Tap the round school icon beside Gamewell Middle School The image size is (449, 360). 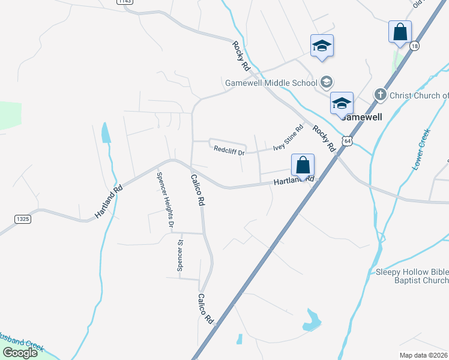pyautogui.click(x=327, y=82)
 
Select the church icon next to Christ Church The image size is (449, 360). pyautogui.click(x=380, y=95)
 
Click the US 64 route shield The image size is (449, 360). pyautogui.click(x=348, y=140)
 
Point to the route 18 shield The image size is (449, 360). pyautogui.click(x=414, y=46)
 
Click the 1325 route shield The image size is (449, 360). pyautogui.click(x=20, y=219)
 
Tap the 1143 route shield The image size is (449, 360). pyautogui.click(x=125, y=2)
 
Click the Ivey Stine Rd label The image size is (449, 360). pyautogui.click(x=289, y=138)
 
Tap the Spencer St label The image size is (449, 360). pyautogui.click(x=179, y=256)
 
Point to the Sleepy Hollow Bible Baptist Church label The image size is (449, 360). pyautogui.click(x=412, y=276)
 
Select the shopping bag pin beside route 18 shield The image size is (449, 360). pyautogui.click(x=400, y=32)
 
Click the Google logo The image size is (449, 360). pyautogui.click(x=20, y=353)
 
